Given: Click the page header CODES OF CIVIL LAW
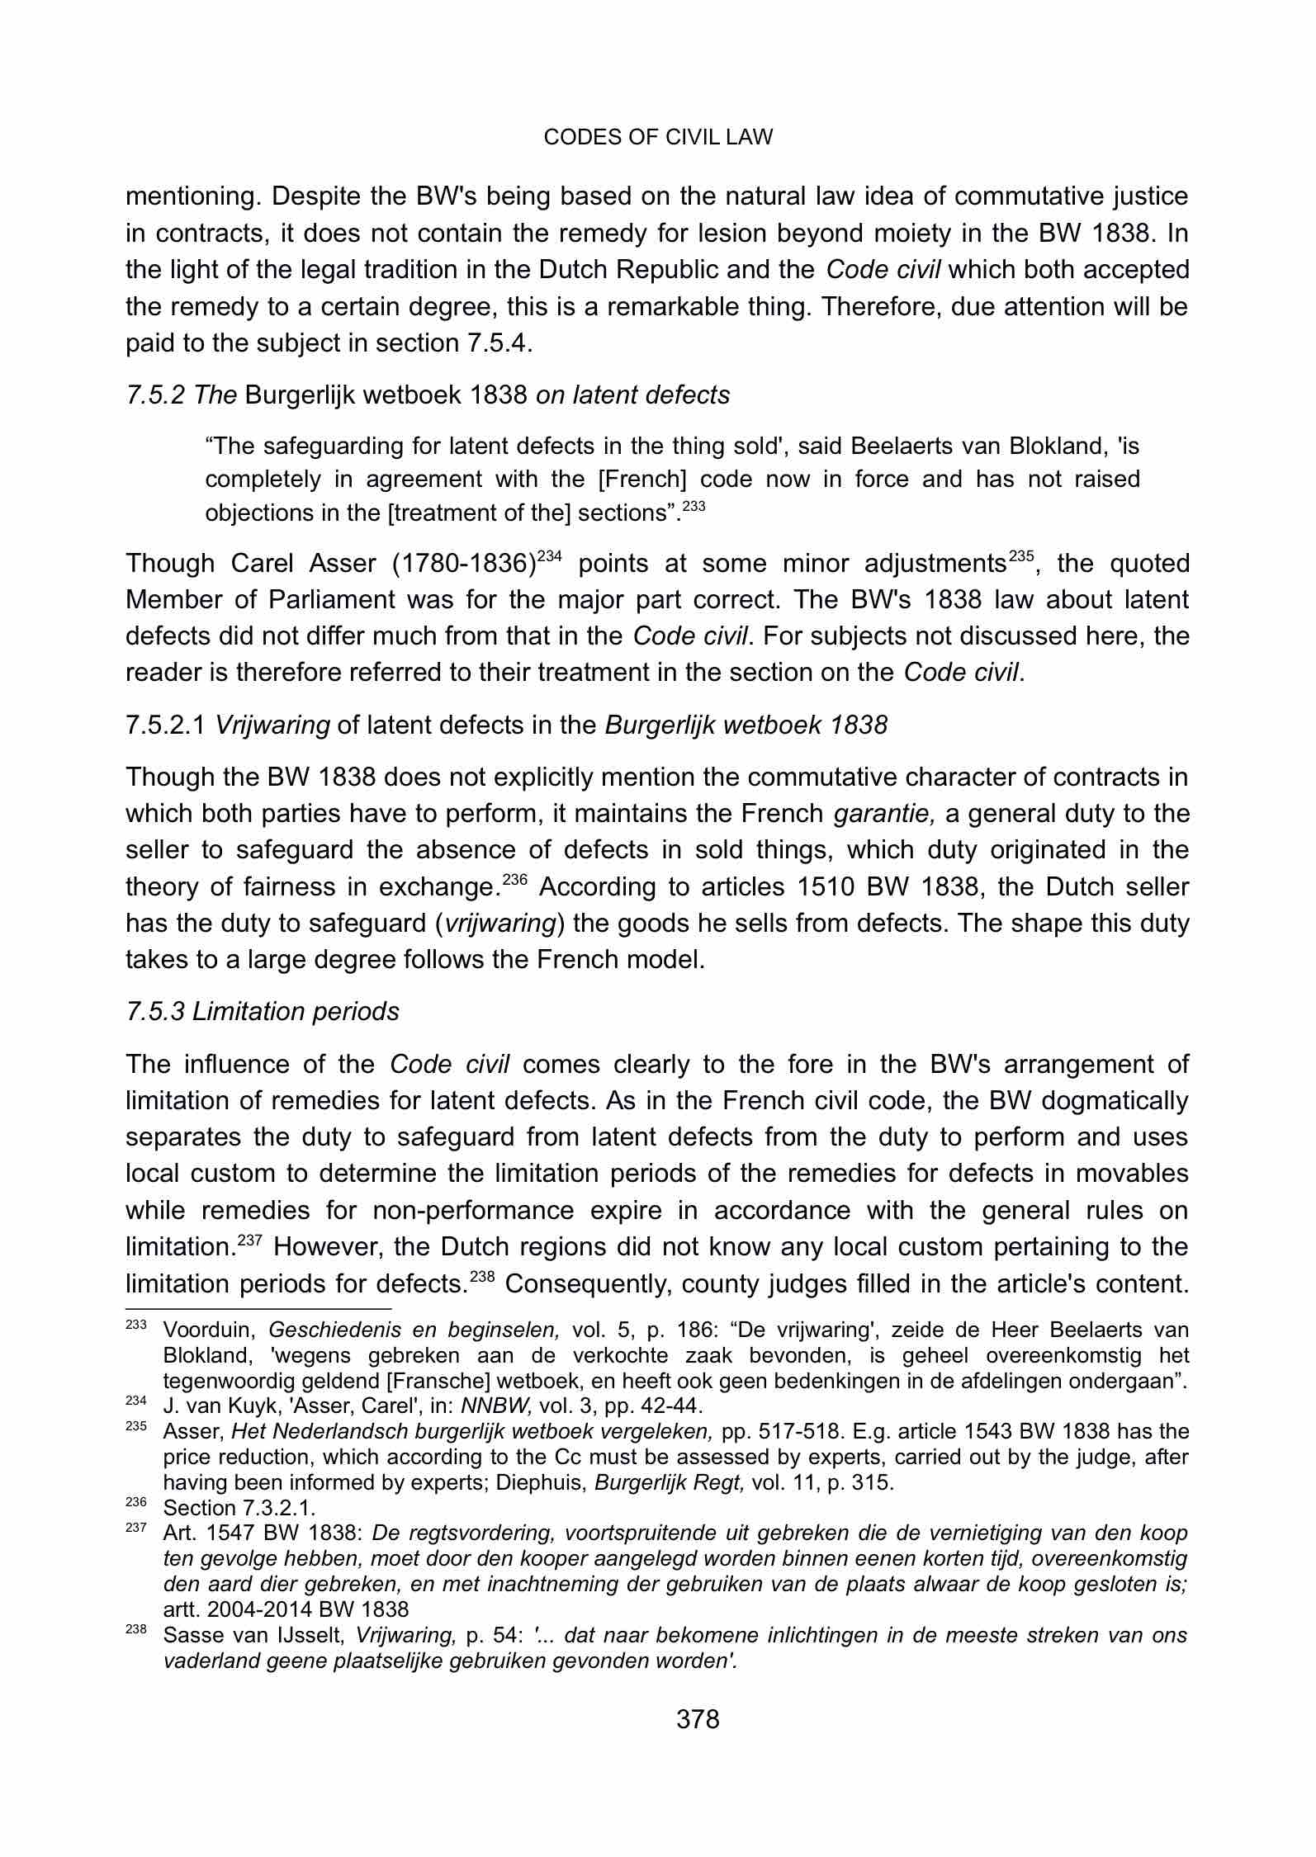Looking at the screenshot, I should coord(658,138).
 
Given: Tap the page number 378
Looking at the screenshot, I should coord(698,1719).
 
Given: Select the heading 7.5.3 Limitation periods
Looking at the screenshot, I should coord(262,1011).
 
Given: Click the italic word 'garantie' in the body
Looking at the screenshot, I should coord(884,814).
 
